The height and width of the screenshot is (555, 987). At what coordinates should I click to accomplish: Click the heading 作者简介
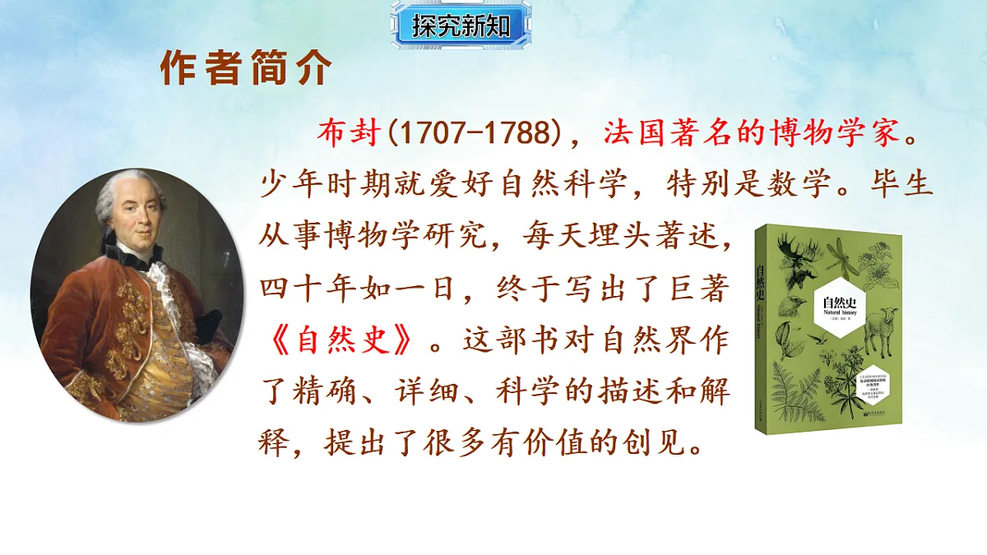(x=246, y=70)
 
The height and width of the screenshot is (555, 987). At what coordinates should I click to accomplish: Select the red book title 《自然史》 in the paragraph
(x=341, y=338)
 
